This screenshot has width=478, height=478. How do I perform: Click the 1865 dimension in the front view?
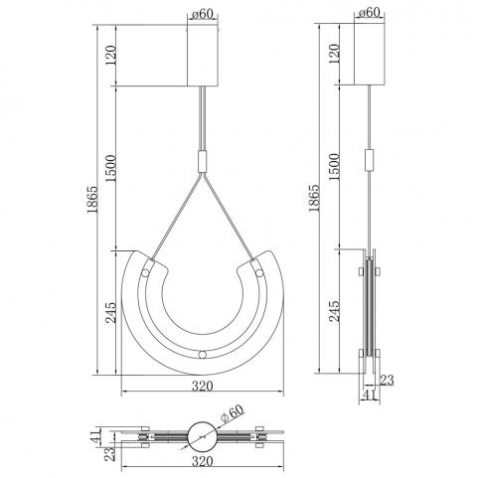pyautogui.click(x=92, y=200)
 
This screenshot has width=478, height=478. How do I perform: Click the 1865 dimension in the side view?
pyautogui.click(x=313, y=198)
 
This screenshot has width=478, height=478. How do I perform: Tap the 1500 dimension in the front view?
pyautogui.click(x=111, y=168)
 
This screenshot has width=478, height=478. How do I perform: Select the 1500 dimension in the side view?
pyautogui.click(x=334, y=167)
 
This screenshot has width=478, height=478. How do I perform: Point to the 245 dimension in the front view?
pyautogui.click(x=111, y=312)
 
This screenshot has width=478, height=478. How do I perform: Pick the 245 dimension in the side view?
pyautogui.click(x=334, y=311)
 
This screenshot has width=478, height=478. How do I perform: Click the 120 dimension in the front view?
pyautogui.click(x=111, y=55)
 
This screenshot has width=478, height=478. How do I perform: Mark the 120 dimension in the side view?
pyautogui.click(x=334, y=54)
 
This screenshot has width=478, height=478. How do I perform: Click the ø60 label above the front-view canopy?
pyautogui.click(x=203, y=14)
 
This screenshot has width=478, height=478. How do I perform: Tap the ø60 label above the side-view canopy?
pyautogui.click(x=369, y=12)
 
